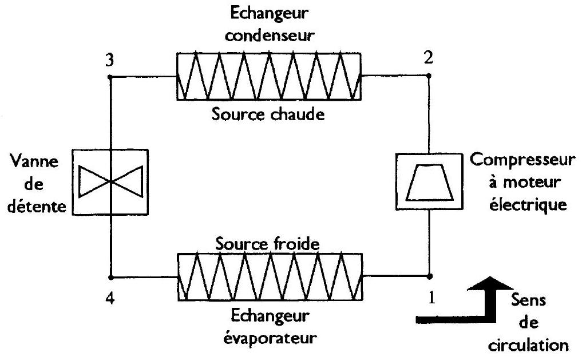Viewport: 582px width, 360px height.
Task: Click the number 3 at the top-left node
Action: coord(109,60)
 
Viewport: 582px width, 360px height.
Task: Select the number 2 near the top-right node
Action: coord(428,58)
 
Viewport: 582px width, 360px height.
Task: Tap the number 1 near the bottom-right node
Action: coord(431,298)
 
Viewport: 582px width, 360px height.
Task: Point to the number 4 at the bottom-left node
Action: coord(110,298)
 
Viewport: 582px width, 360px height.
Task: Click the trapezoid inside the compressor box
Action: coord(429,182)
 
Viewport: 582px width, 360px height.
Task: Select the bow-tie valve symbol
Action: coord(110,181)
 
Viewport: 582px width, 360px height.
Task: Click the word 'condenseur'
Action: coord(270,36)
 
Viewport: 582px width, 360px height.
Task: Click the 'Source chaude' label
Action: coord(268,114)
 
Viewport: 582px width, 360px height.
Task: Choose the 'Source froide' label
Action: coord(267,244)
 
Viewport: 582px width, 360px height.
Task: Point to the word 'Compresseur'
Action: coord(522,160)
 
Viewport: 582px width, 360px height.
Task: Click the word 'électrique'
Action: coord(528,205)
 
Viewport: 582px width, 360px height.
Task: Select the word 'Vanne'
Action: coord(34,161)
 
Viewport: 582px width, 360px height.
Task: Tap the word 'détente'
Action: coord(37,207)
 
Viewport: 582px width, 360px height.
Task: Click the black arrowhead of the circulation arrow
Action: coord(490,283)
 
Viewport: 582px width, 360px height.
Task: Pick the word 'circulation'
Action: coord(528,346)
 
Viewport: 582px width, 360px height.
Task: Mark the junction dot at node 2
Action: coord(429,76)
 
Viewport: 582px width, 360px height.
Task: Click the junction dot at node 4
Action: coord(110,277)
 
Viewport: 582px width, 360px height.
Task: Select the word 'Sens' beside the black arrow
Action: coord(528,300)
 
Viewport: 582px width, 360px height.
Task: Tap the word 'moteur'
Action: coord(532,183)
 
